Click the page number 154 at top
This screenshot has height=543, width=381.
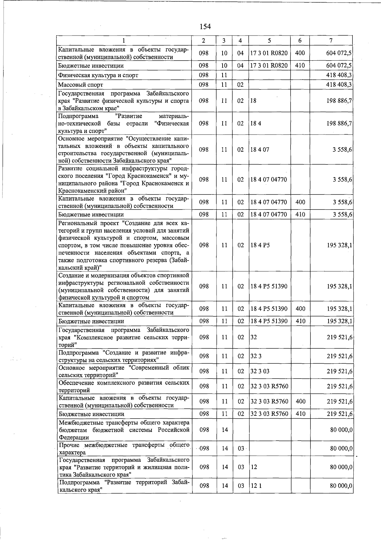[x=205, y=27]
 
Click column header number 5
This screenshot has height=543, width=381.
[x=269, y=41]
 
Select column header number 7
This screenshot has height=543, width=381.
[x=331, y=41]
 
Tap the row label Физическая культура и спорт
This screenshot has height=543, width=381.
[x=98, y=75]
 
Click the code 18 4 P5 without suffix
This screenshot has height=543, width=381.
[x=260, y=245]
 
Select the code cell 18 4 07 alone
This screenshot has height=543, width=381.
[x=260, y=149]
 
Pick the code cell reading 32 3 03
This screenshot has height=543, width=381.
[x=260, y=371]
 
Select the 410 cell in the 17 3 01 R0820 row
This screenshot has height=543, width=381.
[x=300, y=66]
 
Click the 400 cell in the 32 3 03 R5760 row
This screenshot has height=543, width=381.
[x=300, y=401]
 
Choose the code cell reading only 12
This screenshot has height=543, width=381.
[x=253, y=467]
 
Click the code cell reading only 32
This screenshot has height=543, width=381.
[x=253, y=337]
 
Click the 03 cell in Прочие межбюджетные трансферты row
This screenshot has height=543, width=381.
[x=241, y=448]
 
